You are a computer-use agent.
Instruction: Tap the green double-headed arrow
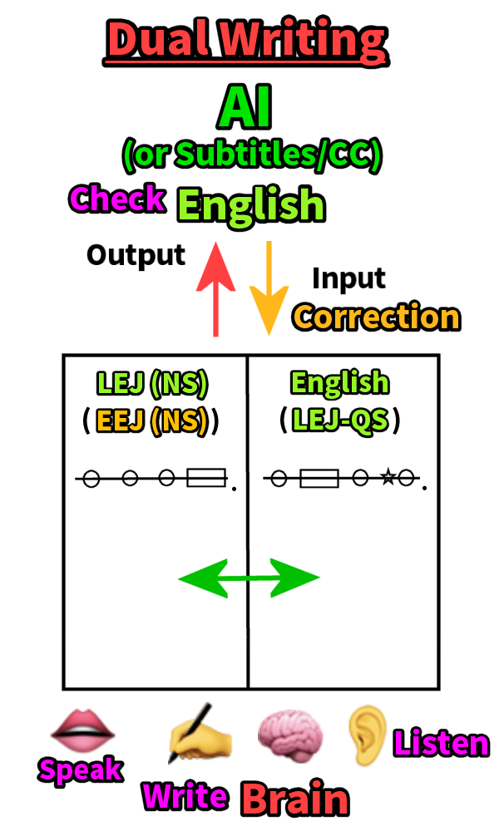click(249, 578)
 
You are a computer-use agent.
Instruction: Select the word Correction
click(377, 317)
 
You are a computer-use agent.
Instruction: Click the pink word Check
click(117, 199)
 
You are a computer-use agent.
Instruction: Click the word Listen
click(441, 743)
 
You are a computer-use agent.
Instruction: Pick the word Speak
click(80, 770)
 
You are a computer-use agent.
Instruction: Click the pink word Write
click(185, 796)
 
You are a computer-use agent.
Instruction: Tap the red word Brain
click(294, 799)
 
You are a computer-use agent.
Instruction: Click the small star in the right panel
click(387, 477)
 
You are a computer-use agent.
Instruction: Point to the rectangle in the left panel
click(206, 478)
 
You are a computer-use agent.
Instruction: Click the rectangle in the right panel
click(319, 479)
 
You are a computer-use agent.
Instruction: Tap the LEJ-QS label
click(339, 421)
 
